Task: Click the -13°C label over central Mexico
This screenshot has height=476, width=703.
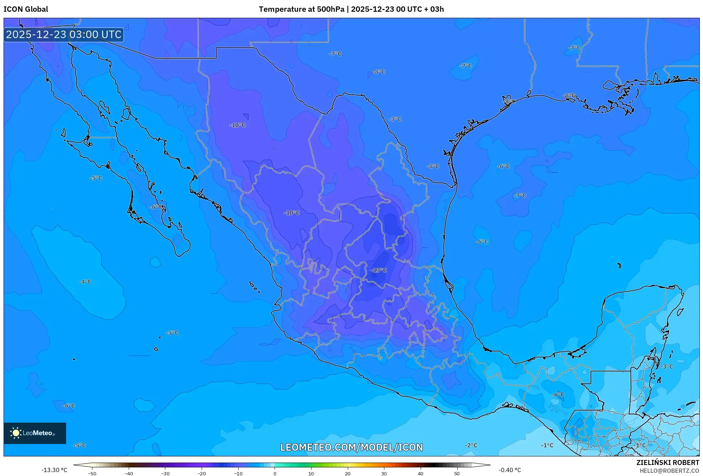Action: tap(378, 270)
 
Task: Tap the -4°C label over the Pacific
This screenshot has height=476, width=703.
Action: tap(85, 282)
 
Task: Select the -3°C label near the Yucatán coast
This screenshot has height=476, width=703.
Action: tap(667, 366)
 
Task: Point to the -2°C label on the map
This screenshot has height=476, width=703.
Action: tap(471, 445)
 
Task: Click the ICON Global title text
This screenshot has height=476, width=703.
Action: tap(26, 9)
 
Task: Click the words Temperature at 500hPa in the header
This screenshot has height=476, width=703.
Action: tap(302, 9)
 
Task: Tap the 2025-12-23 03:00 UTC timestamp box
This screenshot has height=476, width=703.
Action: tap(64, 35)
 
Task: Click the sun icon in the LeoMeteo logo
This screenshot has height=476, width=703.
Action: tap(16, 433)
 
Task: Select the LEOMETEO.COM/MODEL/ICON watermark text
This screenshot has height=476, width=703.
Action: tap(351, 447)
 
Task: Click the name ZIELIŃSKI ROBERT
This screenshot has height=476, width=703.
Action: tap(667, 462)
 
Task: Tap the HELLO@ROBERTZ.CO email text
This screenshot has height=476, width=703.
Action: tap(669, 471)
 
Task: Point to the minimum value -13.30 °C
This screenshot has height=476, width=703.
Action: tap(54, 470)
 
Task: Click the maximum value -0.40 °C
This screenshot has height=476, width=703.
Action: tap(510, 470)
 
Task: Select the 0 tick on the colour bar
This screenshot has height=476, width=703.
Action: tap(275, 473)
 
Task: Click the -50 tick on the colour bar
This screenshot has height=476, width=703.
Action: tap(92, 473)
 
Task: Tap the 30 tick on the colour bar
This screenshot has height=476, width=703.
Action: tap(384, 473)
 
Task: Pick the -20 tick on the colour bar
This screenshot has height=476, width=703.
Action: tap(202, 473)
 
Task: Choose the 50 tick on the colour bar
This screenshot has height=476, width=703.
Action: tap(457, 473)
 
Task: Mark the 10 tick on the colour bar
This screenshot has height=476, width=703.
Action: tap(311, 473)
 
